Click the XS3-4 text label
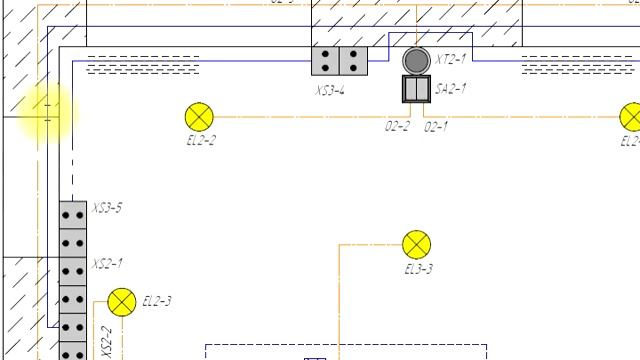click(330, 90)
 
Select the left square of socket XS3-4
click(326, 61)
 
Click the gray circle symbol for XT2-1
click(415, 60)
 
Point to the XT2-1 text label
click(450, 60)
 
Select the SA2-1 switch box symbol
click(415, 90)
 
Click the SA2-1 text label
click(450, 89)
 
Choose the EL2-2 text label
click(200, 141)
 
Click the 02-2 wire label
click(397, 127)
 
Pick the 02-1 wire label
click(436, 127)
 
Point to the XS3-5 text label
click(107, 208)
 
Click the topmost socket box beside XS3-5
click(72, 214)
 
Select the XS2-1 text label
click(107, 264)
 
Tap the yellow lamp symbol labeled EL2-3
click(122, 302)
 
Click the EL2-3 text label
click(157, 301)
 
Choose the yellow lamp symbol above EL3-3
click(417, 244)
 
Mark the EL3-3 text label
click(418, 269)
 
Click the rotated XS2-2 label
click(107, 340)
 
